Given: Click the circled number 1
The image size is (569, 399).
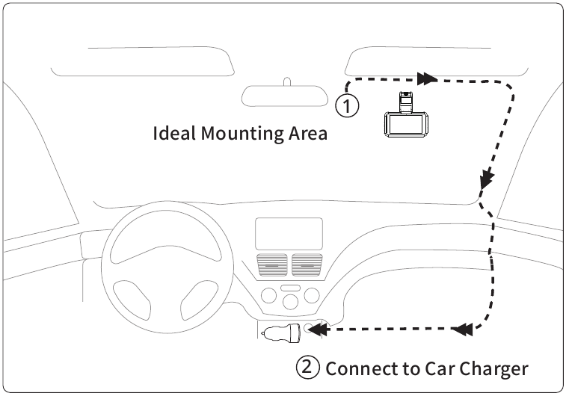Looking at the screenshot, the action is click(x=347, y=106).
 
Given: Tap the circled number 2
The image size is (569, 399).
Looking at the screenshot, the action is click(x=308, y=367).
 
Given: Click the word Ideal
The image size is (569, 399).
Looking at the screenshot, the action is click(x=173, y=133).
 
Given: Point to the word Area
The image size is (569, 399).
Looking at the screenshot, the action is click(x=308, y=134).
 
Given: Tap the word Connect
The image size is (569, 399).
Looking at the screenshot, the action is click(x=361, y=368).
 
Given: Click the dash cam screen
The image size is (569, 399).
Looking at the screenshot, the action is click(x=406, y=125).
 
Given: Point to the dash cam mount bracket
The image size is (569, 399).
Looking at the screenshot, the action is click(x=406, y=102).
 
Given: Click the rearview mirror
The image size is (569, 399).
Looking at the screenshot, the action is click(x=285, y=96).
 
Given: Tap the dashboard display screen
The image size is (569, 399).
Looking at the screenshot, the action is click(x=289, y=234).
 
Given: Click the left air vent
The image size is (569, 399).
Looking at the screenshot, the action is click(x=272, y=265).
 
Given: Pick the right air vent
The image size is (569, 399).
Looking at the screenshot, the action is click(x=307, y=265).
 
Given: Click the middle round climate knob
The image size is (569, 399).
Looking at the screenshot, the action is click(x=290, y=302).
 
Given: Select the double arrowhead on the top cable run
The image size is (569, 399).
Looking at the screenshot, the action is click(x=427, y=78).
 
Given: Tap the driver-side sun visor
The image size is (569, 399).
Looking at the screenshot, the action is click(x=143, y=61).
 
